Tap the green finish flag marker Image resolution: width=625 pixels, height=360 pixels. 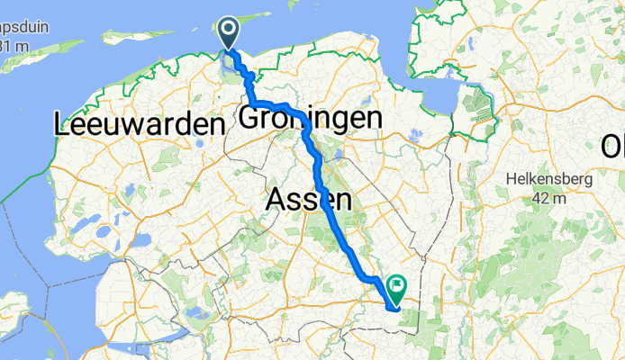click(x=396, y=287)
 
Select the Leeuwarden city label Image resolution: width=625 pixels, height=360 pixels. click(x=139, y=124)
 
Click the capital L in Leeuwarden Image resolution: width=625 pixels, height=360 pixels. click(x=63, y=124)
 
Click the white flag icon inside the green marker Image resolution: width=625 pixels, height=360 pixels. click(x=396, y=285)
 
